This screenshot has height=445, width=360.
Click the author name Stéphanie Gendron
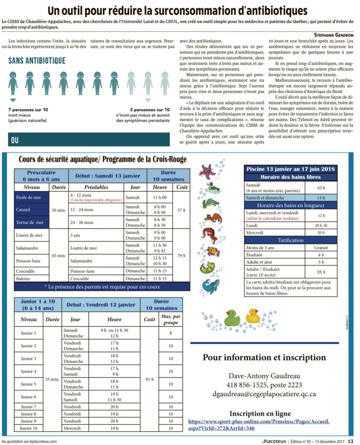click(x=333, y=34)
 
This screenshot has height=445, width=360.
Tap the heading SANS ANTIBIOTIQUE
click(x=37, y=60)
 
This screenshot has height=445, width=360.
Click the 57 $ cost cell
click(x=180, y=210)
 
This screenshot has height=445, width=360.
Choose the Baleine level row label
click(x=23, y=279)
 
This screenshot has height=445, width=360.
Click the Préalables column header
click(x=96, y=187)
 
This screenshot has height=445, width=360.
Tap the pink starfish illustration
click(x=208, y=171)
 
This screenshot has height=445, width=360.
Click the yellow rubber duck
click(x=253, y=316)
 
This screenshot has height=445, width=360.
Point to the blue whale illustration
click(x=210, y=285)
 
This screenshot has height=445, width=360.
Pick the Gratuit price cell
click(x=321, y=248)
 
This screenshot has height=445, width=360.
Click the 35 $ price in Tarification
click(x=321, y=272)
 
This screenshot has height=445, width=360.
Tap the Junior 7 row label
click(x=29, y=406)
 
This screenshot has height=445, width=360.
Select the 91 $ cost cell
click(x=149, y=379)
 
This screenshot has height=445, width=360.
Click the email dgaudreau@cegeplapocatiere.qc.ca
click(x=264, y=394)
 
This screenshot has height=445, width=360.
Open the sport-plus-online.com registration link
click(x=259, y=425)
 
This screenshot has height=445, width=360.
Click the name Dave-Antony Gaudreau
click(x=264, y=376)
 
